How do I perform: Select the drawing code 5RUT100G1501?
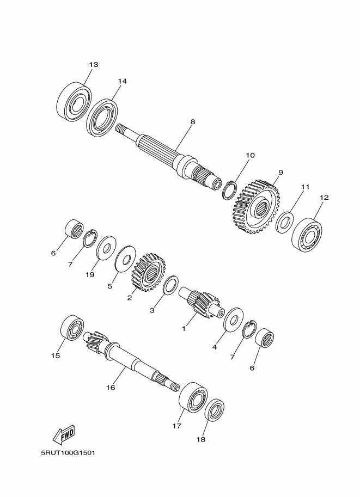coord(68,452)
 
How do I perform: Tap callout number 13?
coord(94,64)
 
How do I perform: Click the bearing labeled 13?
coord(74,101)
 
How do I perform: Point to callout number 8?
coord(193,121)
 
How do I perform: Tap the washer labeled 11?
coord(284,222)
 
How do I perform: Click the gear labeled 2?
coord(148,272)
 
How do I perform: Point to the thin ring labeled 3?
coord(170,285)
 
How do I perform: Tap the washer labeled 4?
coord(233,319)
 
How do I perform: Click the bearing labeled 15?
coord(72,328)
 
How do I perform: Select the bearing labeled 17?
coord(193,398)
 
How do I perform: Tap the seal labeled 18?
coord(215,410)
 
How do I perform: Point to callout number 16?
coord(111,388)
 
